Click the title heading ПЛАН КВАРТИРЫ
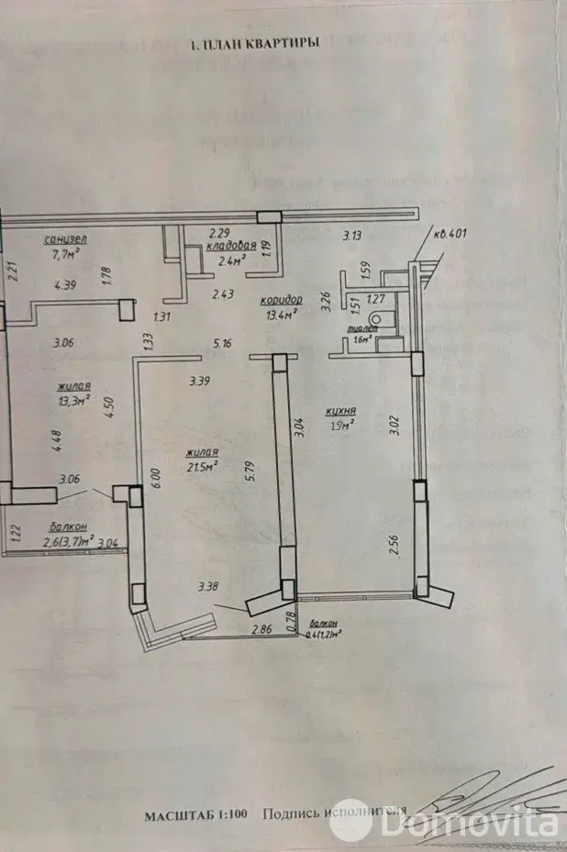tap(254, 43)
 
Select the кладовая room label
tap(228, 247)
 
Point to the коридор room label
tap(282, 301)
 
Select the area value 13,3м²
tap(74, 400)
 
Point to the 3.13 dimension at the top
tap(352, 236)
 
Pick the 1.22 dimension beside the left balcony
tap(14, 531)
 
